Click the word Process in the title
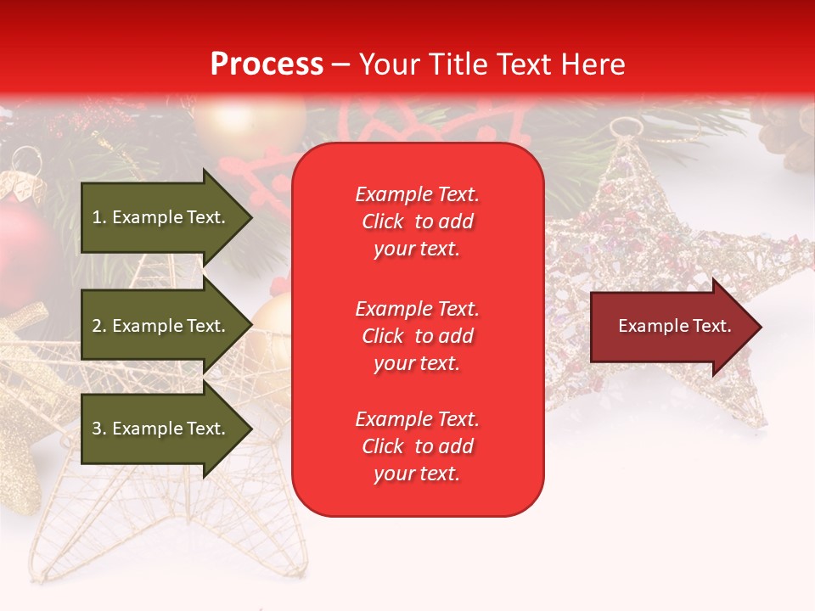(267, 64)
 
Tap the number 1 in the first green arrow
(97, 217)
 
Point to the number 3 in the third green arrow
(97, 429)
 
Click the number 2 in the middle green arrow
(97, 326)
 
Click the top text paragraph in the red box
(417, 221)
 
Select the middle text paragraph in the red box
(417, 335)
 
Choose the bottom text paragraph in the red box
(417, 446)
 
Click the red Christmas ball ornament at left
(25, 246)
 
